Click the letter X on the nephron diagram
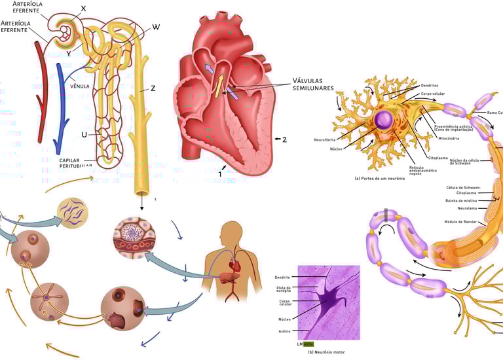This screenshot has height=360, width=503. (83, 9)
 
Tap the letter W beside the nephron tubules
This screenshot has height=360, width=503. (156, 27)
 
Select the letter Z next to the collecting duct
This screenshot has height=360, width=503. (153, 88)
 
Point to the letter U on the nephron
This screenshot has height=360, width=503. (84, 135)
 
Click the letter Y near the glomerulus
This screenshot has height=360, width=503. (68, 46)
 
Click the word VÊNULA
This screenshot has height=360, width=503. (79, 85)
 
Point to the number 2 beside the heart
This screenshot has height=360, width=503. (284, 139)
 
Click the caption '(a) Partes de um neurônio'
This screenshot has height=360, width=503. (379, 178)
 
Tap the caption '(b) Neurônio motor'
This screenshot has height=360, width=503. (327, 352)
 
